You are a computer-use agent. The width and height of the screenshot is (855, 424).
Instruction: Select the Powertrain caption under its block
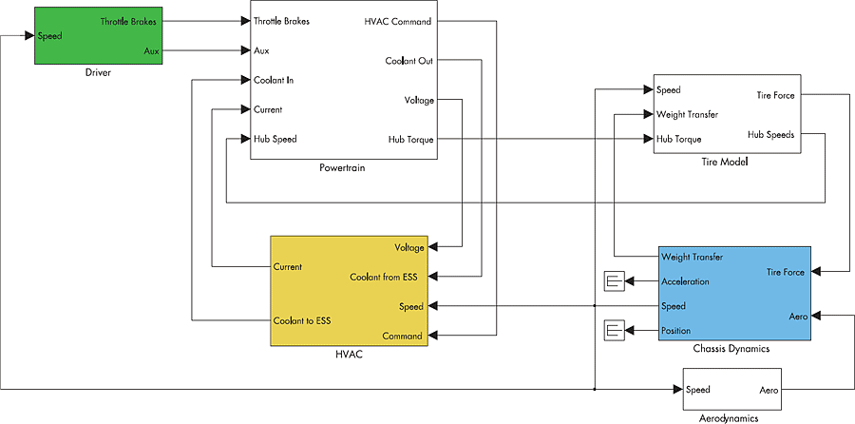343,167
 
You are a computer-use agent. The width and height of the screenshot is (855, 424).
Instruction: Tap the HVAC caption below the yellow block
350,355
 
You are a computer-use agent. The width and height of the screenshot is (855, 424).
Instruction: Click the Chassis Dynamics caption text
731,349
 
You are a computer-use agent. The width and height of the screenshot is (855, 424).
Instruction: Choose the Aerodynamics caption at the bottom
722,416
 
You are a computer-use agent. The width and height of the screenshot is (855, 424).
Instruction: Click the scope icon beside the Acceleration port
613,281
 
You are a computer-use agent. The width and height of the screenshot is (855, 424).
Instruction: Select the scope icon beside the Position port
613,331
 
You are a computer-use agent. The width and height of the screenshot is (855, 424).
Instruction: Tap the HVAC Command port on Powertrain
398,21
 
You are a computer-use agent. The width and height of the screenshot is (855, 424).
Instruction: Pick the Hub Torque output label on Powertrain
410,140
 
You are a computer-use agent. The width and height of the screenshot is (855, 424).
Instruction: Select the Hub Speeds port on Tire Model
770,134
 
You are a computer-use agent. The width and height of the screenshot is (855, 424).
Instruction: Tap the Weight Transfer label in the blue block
693,257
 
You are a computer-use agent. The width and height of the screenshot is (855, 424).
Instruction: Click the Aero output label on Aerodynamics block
769,390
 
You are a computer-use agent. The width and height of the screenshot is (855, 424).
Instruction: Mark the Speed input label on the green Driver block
49,36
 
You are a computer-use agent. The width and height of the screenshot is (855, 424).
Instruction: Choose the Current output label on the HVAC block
287,267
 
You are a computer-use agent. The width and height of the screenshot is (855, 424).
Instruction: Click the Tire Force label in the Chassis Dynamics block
786,273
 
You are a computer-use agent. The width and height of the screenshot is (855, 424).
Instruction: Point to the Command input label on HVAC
402,337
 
